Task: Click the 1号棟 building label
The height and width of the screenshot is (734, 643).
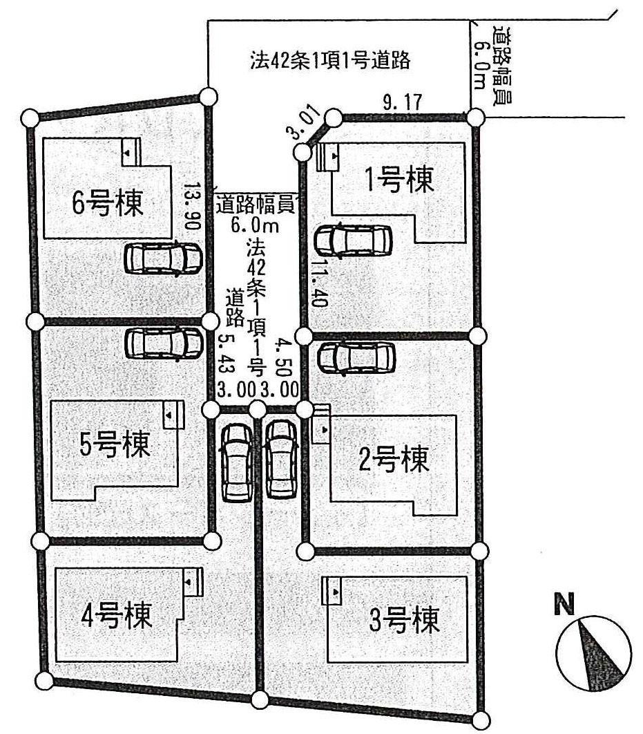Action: (399, 181)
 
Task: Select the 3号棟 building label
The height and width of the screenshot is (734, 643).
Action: (404, 619)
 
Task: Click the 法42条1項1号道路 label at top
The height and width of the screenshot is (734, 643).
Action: (330, 61)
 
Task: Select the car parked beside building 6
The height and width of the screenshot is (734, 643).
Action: (163, 258)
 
